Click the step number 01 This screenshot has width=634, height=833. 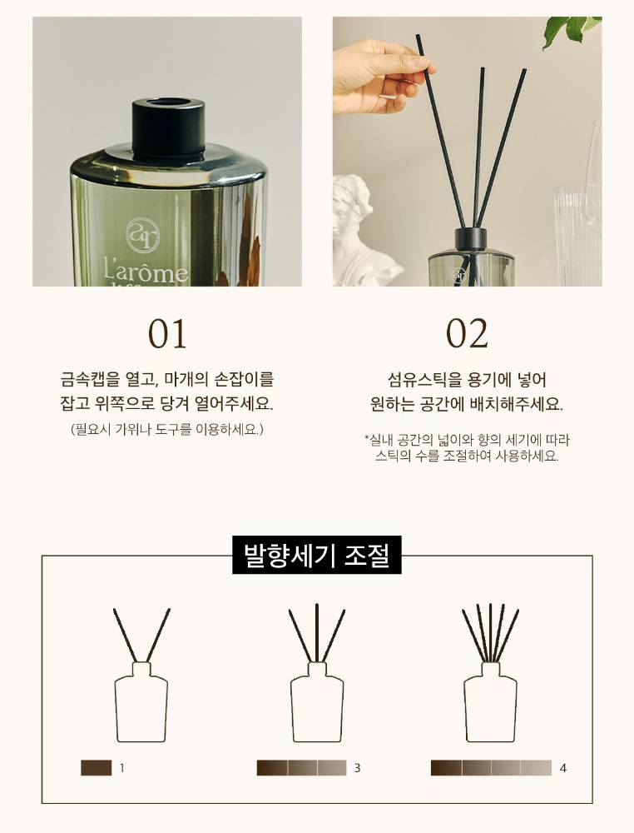(167, 334)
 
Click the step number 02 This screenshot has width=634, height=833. (467, 334)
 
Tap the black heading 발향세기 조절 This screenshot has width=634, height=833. (317, 555)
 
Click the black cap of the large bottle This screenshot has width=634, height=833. (168, 128)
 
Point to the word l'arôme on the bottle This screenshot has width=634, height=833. (146, 272)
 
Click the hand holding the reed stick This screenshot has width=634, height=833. (379, 76)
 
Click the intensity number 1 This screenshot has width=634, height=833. (122, 768)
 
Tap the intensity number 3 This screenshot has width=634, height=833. (357, 768)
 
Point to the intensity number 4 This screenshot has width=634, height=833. (563, 768)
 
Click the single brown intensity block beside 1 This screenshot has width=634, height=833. (96, 768)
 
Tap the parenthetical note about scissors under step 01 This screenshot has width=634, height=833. (167, 429)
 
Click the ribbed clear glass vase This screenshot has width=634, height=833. (579, 234)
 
